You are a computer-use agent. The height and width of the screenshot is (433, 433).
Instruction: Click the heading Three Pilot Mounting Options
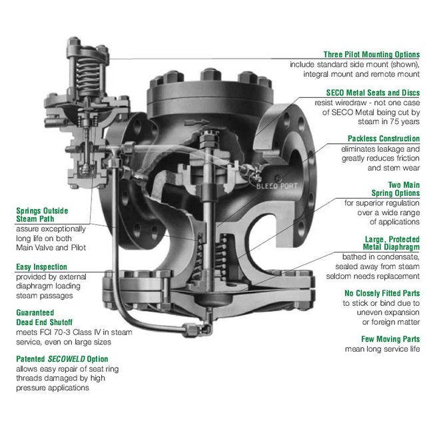pyautogui.click(x=372, y=55)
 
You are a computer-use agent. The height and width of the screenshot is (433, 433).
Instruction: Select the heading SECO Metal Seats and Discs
pyautogui.click(x=373, y=93)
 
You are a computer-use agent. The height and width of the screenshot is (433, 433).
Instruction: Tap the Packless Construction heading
pyautogui.click(x=384, y=139)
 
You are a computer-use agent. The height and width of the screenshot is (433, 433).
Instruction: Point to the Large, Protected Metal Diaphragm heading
pyautogui.click(x=391, y=243)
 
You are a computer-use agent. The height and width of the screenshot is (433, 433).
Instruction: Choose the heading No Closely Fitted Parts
pyautogui.click(x=382, y=293)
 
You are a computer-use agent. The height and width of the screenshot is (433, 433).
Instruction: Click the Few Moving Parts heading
pyautogui.click(x=390, y=339)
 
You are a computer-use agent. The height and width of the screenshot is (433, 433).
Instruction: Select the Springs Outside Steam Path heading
pyautogui.click(x=42, y=215)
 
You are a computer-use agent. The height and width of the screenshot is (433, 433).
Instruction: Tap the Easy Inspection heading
pyautogui.click(x=41, y=266)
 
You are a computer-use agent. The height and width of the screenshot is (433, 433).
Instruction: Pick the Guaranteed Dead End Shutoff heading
pyautogui.click(x=44, y=317)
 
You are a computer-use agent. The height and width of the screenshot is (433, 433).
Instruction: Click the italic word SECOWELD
pyautogui.click(x=66, y=359)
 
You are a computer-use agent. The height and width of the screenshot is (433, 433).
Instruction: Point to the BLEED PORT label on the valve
pyautogui.click(x=276, y=186)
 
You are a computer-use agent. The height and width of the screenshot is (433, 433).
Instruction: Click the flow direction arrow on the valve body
pyautogui.click(x=197, y=123)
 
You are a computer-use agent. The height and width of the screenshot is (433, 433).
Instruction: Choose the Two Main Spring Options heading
pyautogui.click(x=396, y=189)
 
